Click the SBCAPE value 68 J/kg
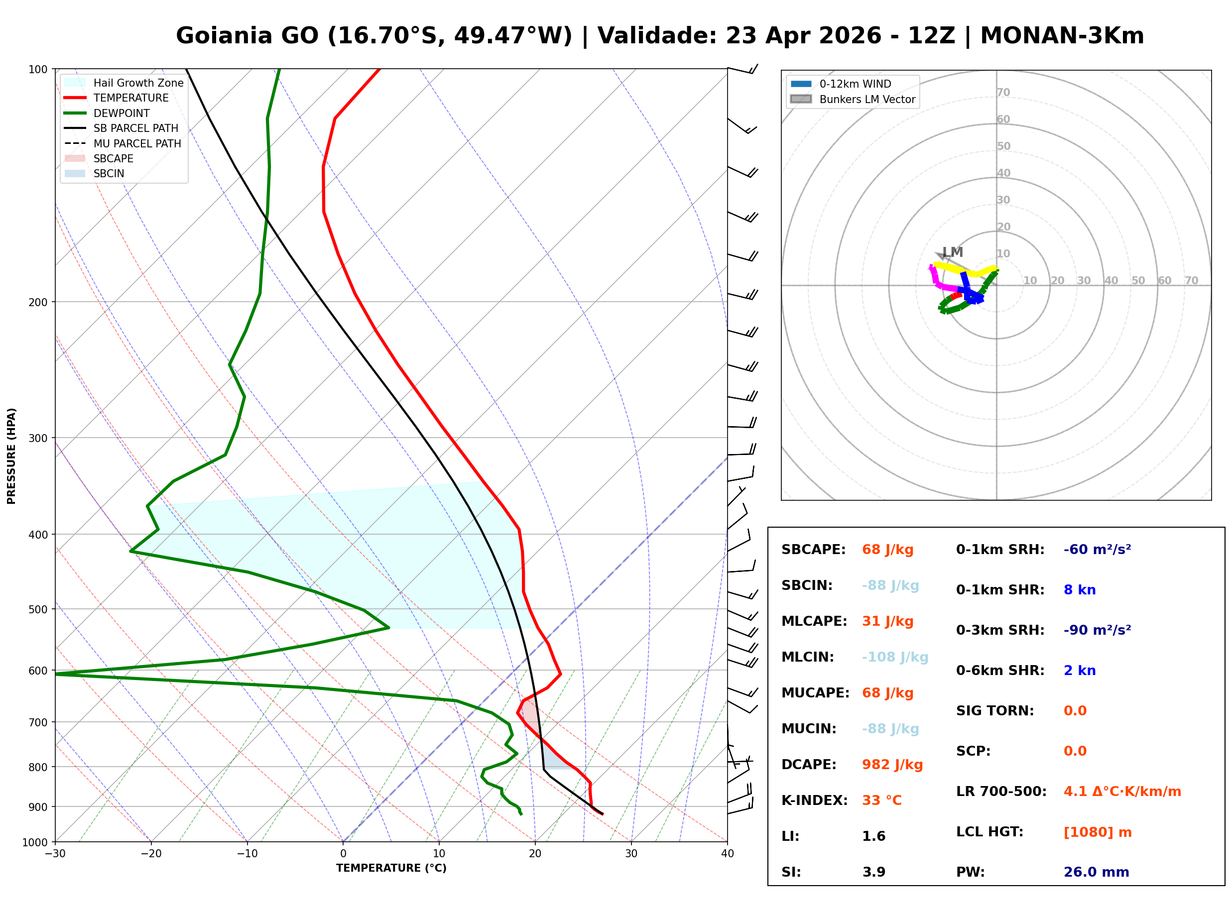click(887, 550)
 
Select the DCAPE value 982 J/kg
click(892, 765)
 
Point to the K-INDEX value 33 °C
click(881, 800)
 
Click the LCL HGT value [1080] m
click(1097, 832)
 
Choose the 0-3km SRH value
click(1097, 630)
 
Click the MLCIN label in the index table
click(807, 657)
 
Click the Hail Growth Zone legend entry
click(138, 83)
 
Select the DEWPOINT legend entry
click(122, 113)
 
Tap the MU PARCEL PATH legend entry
click(137, 143)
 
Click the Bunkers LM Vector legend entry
click(867, 99)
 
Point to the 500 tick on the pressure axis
click(37, 609)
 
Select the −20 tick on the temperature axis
click(150, 854)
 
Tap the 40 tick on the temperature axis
click(727, 854)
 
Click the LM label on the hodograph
click(953, 252)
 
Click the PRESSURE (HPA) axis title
click(11, 456)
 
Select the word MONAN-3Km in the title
click(1062, 36)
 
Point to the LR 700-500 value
click(1122, 792)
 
